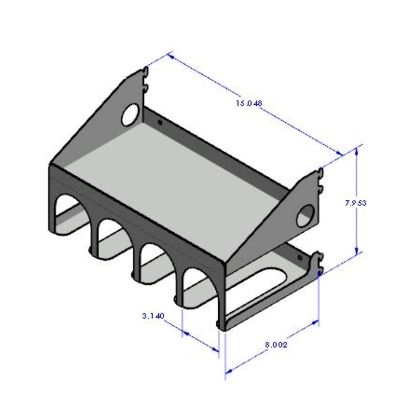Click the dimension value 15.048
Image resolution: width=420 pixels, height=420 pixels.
[x=249, y=103]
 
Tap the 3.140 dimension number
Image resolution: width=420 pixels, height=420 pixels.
[x=153, y=316]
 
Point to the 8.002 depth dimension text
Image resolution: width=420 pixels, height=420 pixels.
[x=276, y=345]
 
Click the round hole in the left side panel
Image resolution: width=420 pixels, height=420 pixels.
[x=130, y=115]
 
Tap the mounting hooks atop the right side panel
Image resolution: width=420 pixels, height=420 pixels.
[x=320, y=178]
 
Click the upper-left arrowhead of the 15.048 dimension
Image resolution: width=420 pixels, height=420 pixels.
[x=170, y=54]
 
